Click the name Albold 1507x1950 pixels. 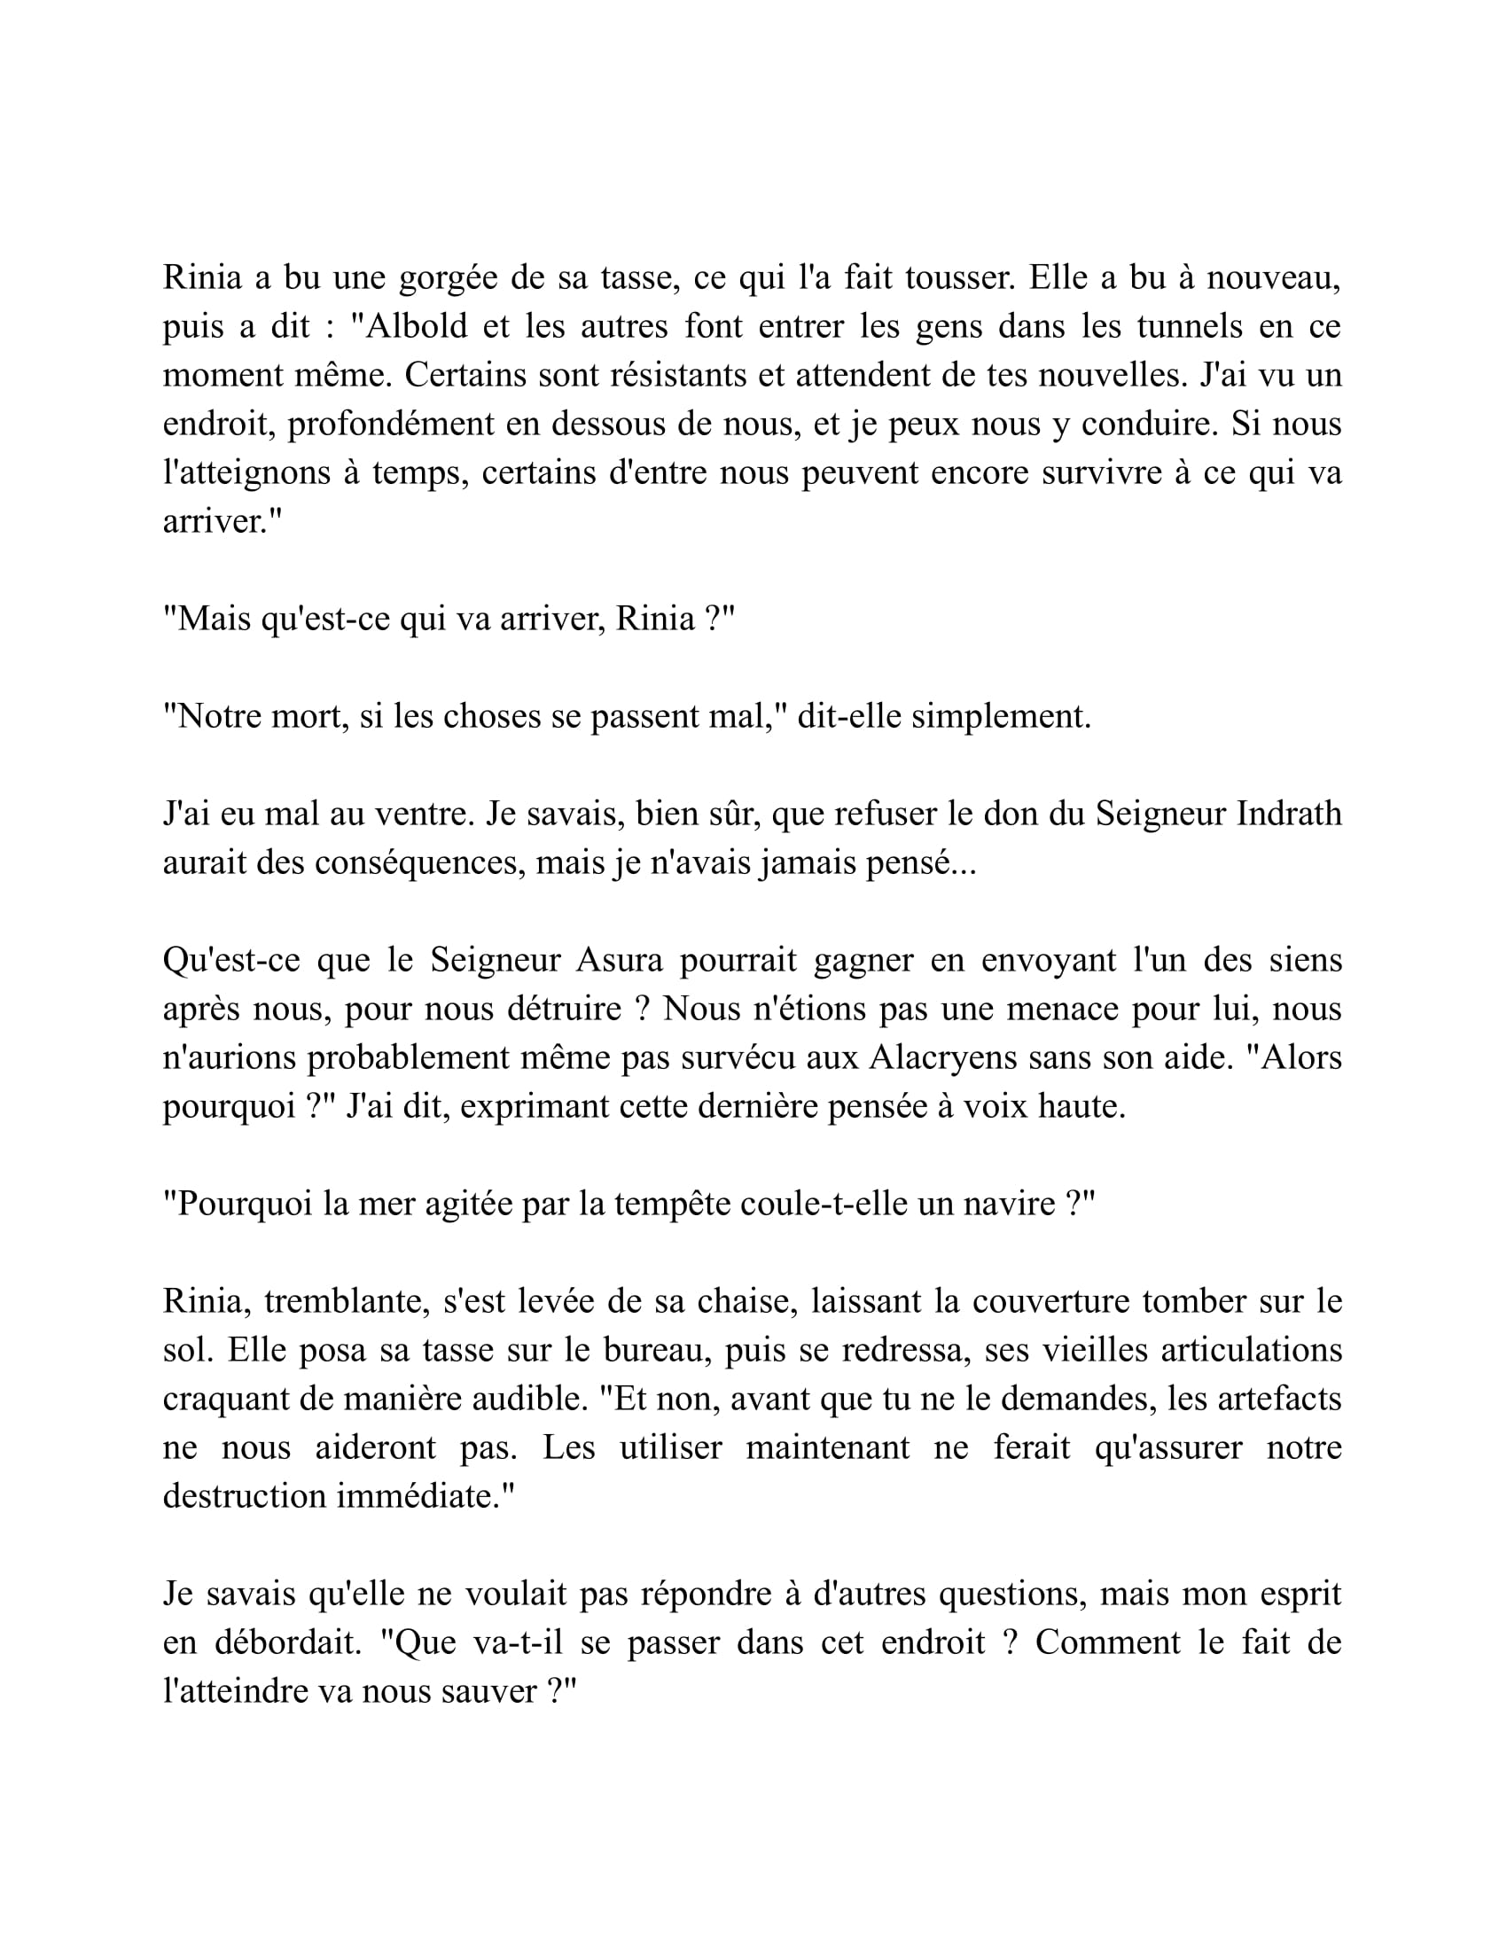tap(417, 327)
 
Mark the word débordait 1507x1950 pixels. tap(286, 1642)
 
